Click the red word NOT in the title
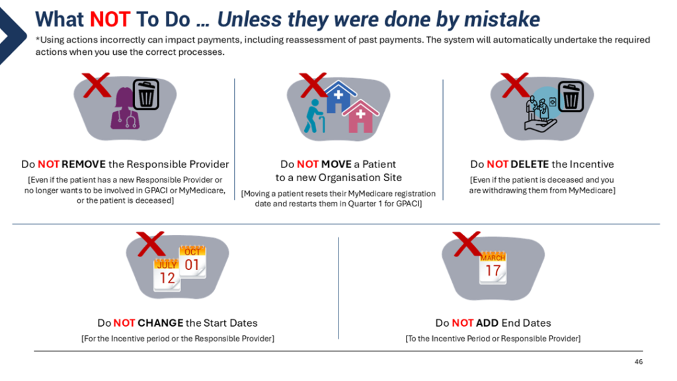(110, 19)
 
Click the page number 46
(639, 362)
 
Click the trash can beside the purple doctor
(146, 94)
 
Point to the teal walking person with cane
(314, 116)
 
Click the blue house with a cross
(340, 97)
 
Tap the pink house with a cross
(361, 116)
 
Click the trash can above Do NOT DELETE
(571, 96)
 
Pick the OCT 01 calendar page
(192, 262)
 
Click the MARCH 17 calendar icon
(493, 268)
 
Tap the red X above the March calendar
(466, 243)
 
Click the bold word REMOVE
(84, 164)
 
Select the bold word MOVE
(337, 164)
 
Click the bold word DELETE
(530, 164)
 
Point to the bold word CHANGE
(161, 323)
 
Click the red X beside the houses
(313, 85)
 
